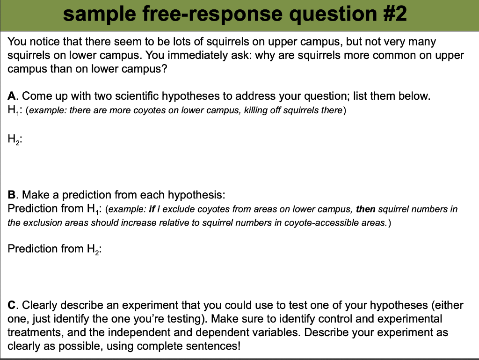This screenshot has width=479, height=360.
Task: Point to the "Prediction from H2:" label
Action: [55, 249]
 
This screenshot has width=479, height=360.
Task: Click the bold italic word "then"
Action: [366, 209]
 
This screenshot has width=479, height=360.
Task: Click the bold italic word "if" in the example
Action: [152, 209]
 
